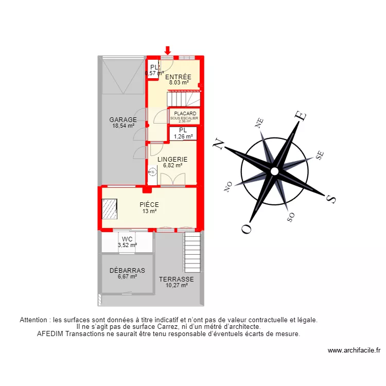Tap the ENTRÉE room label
(178, 77)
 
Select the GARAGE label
(123, 119)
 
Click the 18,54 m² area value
(122, 126)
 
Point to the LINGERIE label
(172, 159)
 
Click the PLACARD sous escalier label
(184, 113)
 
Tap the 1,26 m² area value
(183, 137)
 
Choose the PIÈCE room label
(149, 204)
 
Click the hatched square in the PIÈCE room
(110, 208)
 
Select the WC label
(127, 239)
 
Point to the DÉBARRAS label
(127, 270)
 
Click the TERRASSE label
(177, 279)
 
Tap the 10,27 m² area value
(177, 286)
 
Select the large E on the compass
(299, 117)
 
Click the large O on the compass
(247, 228)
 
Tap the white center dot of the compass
(275, 171)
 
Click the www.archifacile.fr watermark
(354, 350)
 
